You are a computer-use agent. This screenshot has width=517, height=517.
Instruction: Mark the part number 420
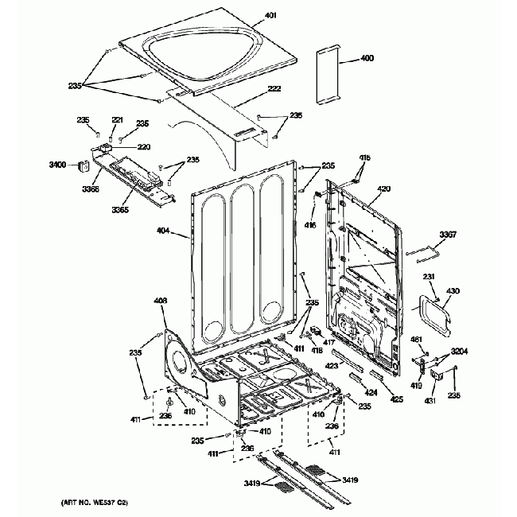pos(383,189)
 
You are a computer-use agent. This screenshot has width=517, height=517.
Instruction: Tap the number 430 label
pos(453,291)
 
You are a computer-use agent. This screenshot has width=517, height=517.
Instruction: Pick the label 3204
pos(459,351)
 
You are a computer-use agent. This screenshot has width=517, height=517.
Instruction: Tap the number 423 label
pos(332,366)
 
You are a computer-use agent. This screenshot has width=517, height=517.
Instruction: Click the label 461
pos(416,340)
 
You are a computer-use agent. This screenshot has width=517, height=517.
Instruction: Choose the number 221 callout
pos(117,119)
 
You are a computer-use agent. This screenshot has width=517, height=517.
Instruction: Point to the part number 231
pos(428,277)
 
